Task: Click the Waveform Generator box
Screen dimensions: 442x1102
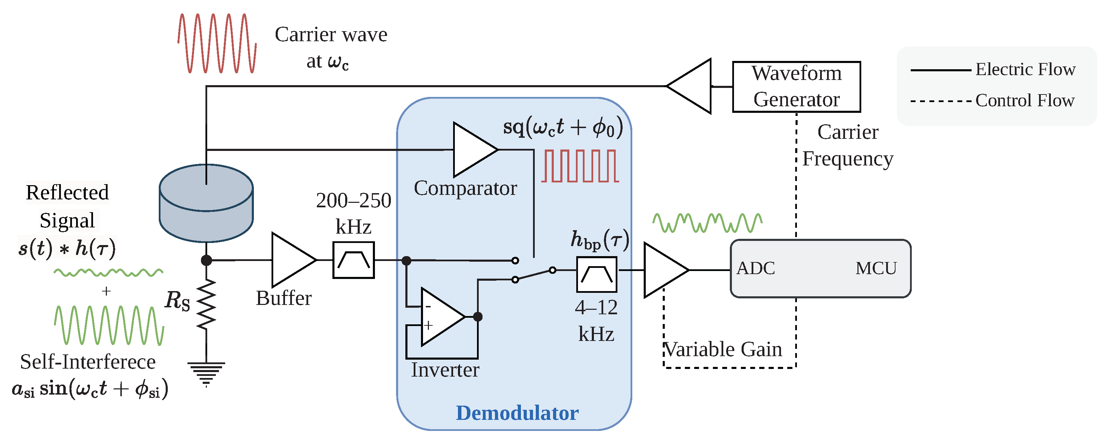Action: pyautogui.click(x=796, y=87)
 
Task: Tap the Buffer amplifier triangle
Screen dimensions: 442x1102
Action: pyautogui.click(x=291, y=260)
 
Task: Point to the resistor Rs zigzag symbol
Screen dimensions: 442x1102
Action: pyautogui.click(x=206, y=304)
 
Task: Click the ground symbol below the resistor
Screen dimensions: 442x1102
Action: pyautogui.click(x=206, y=371)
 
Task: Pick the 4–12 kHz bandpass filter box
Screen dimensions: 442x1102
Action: pyautogui.click(x=596, y=274)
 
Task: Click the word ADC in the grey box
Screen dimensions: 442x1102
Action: pyautogui.click(x=755, y=269)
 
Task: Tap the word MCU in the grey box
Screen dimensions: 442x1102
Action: pyautogui.click(x=876, y=269)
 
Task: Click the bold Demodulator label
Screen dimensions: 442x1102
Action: pyautogui.click(x=517, y=413)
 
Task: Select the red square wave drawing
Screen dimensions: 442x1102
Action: pyautogui.click(x=580, y=166)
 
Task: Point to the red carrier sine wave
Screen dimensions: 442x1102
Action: pyautogui.click(x=217, y=43)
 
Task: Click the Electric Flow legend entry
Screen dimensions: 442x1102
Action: pyautogui.click(x=1025, y=69)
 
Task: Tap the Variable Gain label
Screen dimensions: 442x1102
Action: pyautogui.click(x=723, y=349)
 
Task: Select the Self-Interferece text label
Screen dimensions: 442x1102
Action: pyautogui.click(x=88, y=362)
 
